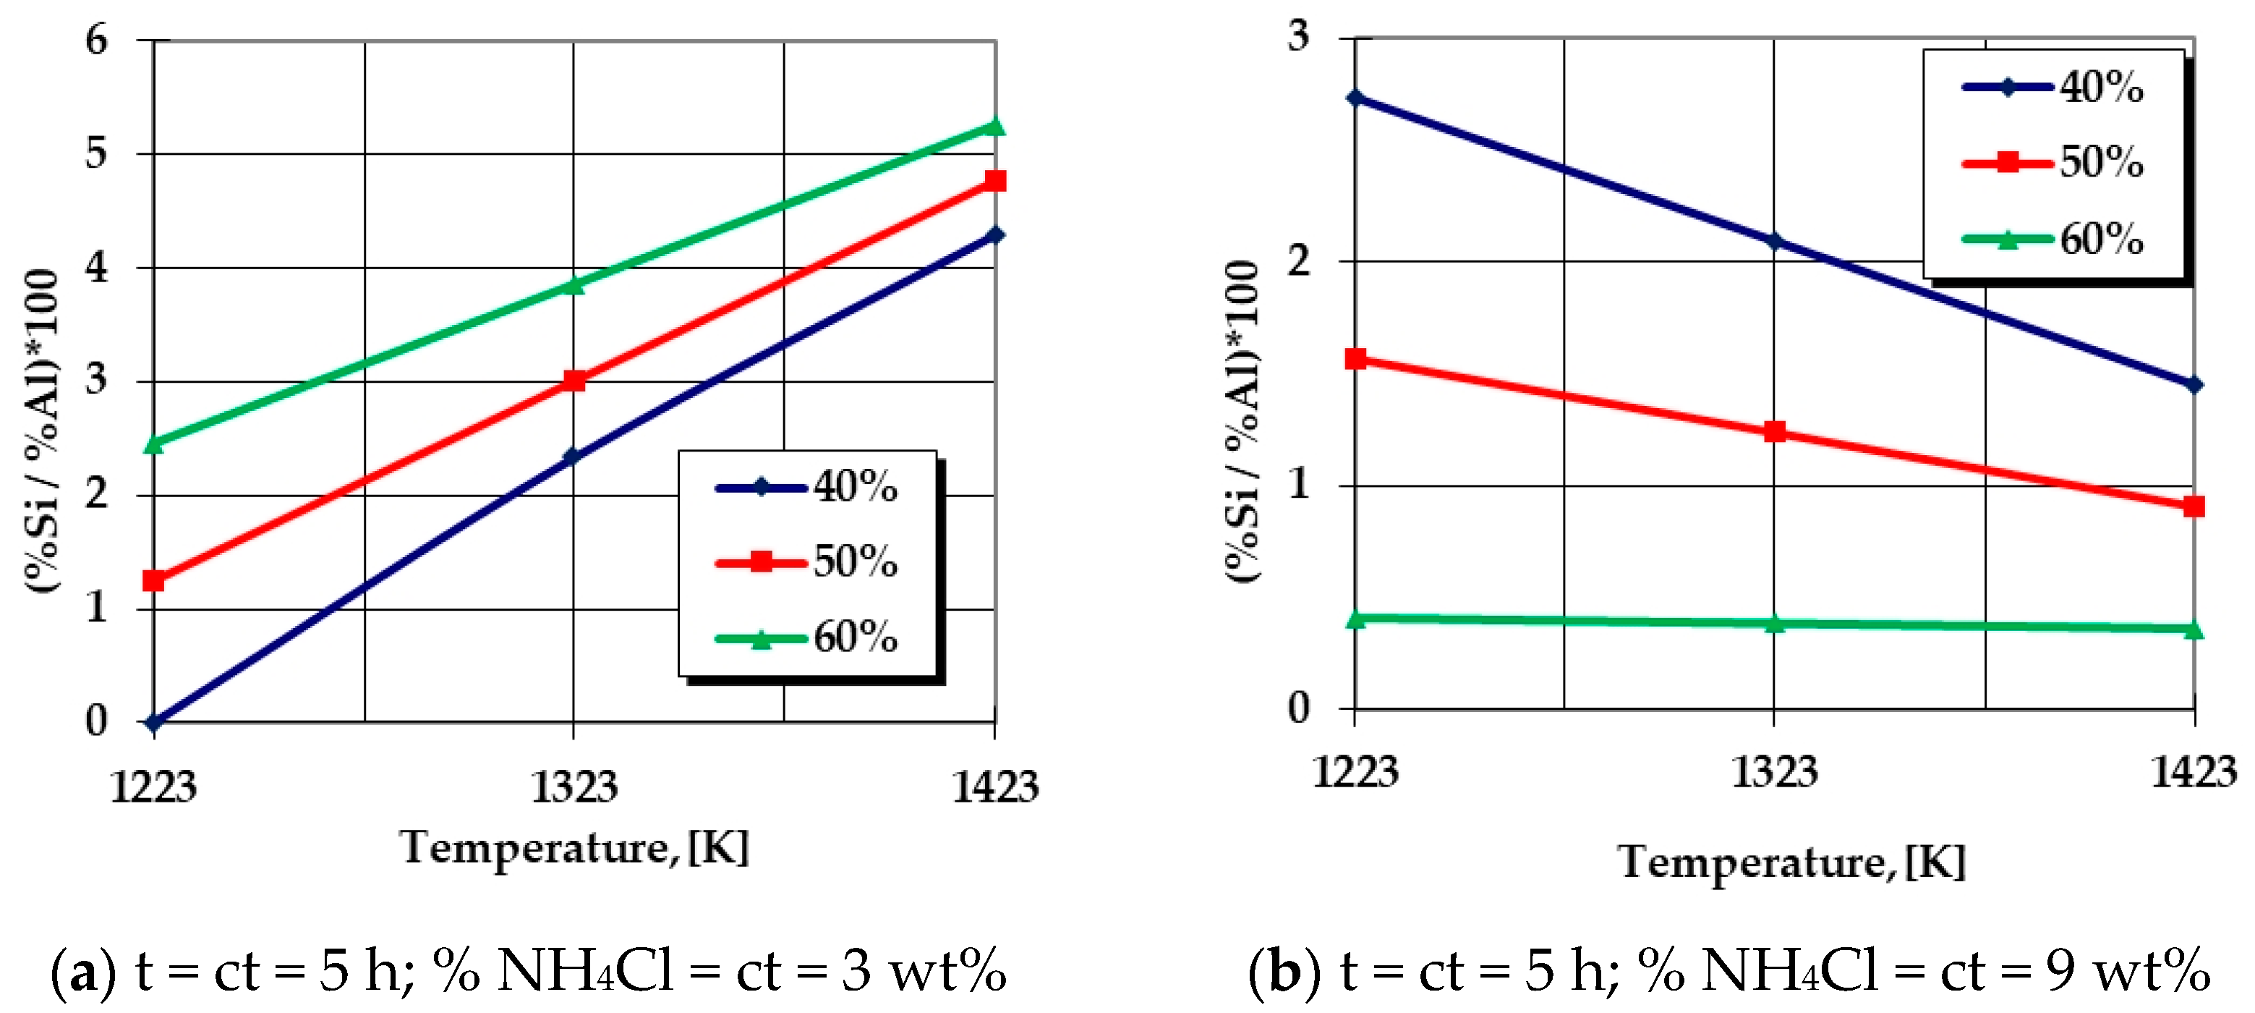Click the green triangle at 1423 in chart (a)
coord(994,127)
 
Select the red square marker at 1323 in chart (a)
coord(574,381)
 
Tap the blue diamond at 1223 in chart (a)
coord(154,722)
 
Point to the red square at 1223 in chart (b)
coord(1355,358)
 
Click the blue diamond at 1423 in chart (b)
coord(2194,384)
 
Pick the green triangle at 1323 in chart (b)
coord(1774,624)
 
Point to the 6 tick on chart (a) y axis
coord(96,41)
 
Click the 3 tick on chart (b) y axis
coord(1299,37)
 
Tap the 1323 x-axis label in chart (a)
coord(574,787)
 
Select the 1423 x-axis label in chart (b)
coord(2194,773)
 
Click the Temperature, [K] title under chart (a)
coord(574,847)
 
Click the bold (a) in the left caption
coord(83,972)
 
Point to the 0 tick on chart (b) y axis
coord(1299,708)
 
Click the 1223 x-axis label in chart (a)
coord(153,787)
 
